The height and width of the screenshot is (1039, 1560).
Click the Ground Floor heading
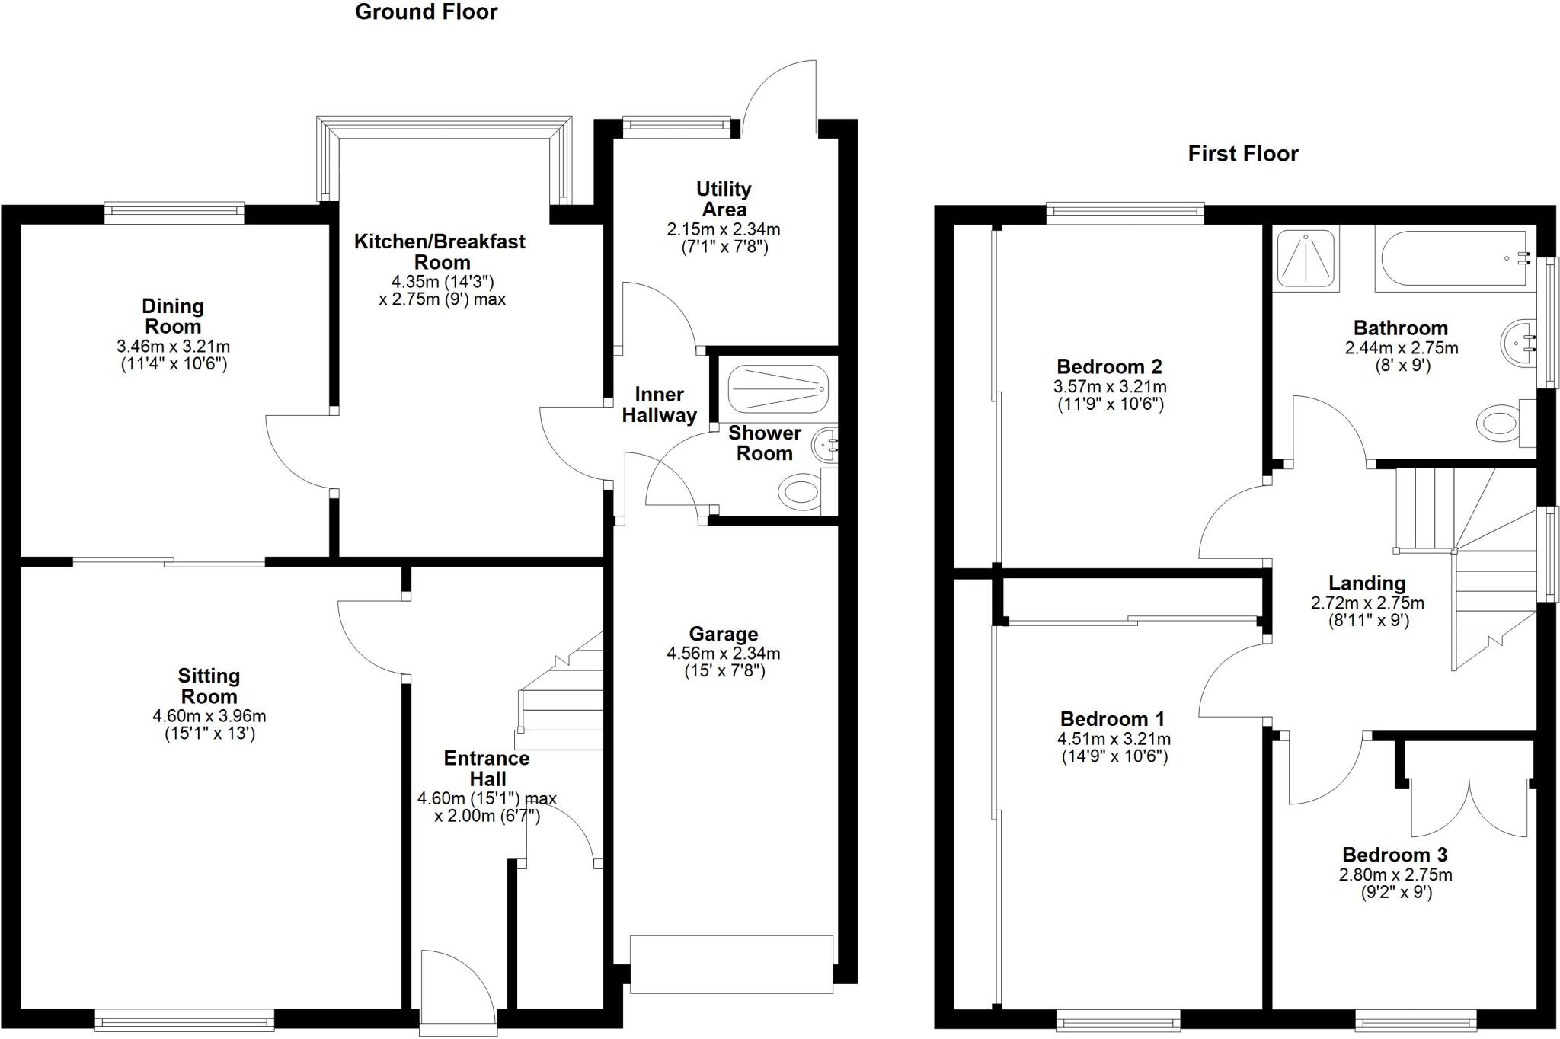(426, 12)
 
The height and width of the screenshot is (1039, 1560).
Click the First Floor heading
(1242, 154)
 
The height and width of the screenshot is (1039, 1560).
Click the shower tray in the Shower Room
(777, 389)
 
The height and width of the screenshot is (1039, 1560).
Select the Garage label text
(723, 634)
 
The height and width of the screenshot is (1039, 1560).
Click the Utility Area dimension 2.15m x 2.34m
(723, 229)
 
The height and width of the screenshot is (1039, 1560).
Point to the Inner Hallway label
(659, 404)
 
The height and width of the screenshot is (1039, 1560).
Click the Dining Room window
(174, 213)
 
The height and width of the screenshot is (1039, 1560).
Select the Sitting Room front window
(184, 1019)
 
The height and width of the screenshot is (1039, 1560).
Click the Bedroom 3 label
(1395, 855)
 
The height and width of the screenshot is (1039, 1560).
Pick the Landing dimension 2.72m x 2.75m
(1367, 603)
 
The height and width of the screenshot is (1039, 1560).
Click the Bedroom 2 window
(1125, 213)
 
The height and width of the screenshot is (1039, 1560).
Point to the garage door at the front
(731, 964)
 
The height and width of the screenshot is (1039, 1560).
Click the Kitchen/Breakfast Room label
(440, 251)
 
